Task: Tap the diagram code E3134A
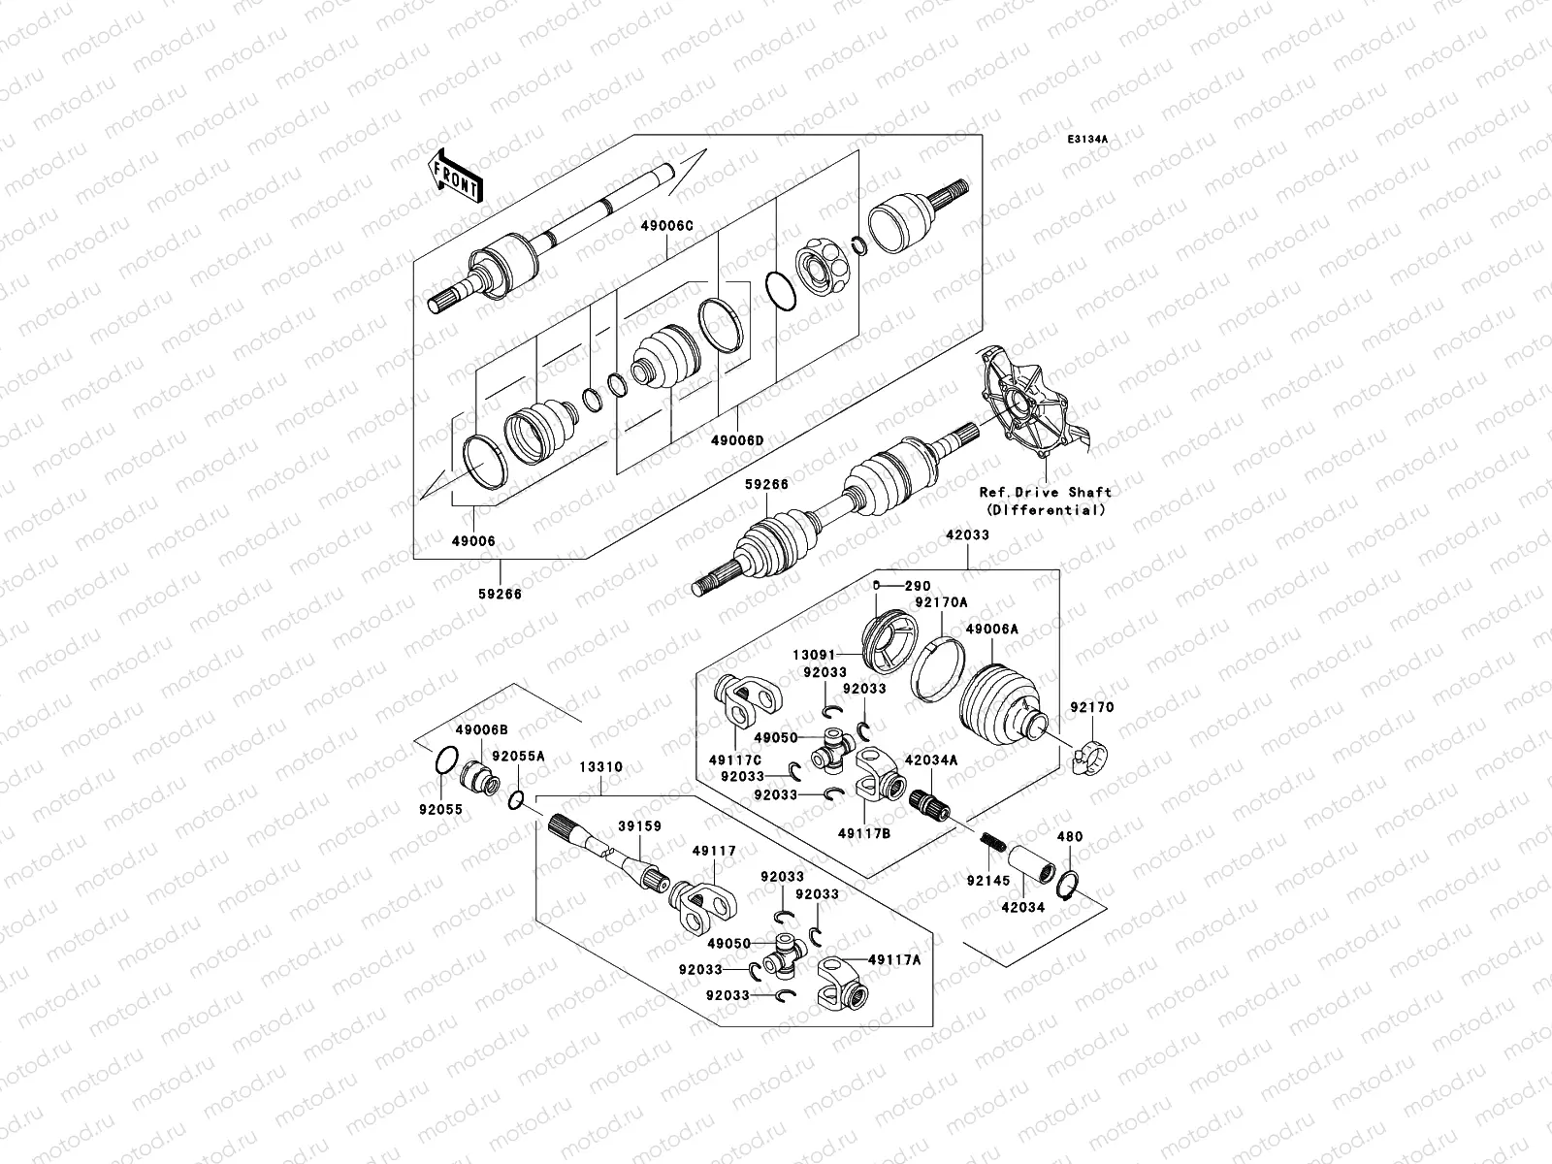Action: click(1087, 140)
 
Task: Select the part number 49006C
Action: click(666, 226)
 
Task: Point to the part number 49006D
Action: click(737, 440)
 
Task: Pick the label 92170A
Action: click(941, 602)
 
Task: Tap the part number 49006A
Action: click(991, 630)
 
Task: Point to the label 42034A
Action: click(931, 760)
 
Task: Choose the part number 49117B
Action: click(865, 830)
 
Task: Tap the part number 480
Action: click(1069, 836)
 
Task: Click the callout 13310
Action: click(601, 767)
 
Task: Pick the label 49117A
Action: click(894, 959)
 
